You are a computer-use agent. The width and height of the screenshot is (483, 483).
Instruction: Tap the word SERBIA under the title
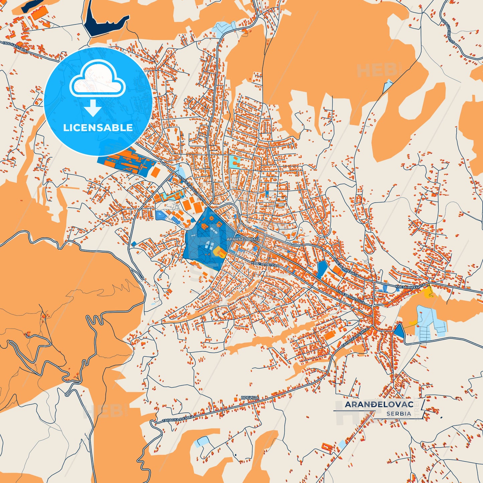[x=399, y=413]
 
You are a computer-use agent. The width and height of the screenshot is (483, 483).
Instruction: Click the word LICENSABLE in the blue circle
[x=98, y=128]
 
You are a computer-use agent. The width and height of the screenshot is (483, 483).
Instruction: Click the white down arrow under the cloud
[x=93, y=108]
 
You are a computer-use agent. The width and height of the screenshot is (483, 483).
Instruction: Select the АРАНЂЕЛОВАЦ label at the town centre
[x=243, y=240]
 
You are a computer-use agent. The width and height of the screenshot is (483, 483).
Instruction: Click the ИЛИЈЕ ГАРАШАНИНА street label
[x=192, y=189]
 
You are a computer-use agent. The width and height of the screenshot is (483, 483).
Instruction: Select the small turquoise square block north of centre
[x=236, y=162]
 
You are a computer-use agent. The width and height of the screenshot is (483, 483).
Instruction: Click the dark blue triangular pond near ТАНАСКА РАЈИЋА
[x=399, y=331]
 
